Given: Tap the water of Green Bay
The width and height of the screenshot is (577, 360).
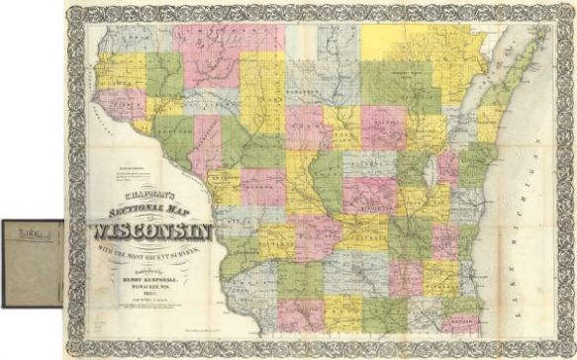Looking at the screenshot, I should [x=473, y=109].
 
